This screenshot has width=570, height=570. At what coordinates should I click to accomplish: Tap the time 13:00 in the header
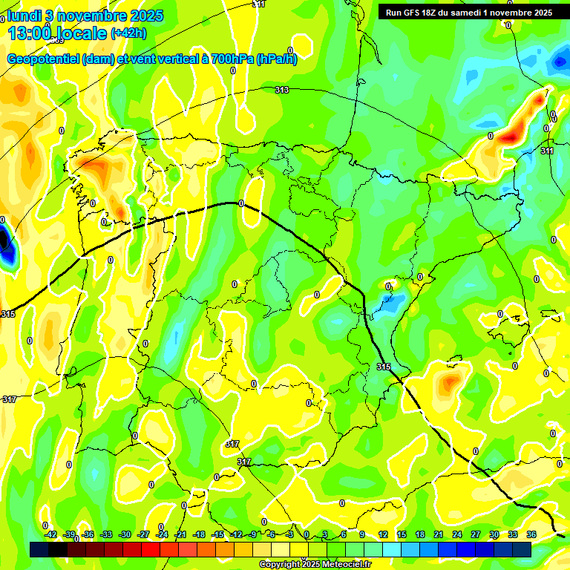tap(30, 33)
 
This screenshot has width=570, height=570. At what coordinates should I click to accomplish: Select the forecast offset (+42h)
tap(128, 33)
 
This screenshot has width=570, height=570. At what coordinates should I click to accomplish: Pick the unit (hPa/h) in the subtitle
tap(276, 59)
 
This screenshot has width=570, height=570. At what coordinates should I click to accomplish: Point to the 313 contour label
tap(281, 90)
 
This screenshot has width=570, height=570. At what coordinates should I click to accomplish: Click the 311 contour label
tap(547, 151)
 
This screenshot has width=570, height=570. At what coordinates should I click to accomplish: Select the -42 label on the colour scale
tap(50, 534)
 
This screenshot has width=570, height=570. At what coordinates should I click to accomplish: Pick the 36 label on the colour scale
tap(531, 534)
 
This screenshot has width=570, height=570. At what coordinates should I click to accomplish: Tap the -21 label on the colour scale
tap(180, 534)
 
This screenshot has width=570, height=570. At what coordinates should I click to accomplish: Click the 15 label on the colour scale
tap(402, 534)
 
